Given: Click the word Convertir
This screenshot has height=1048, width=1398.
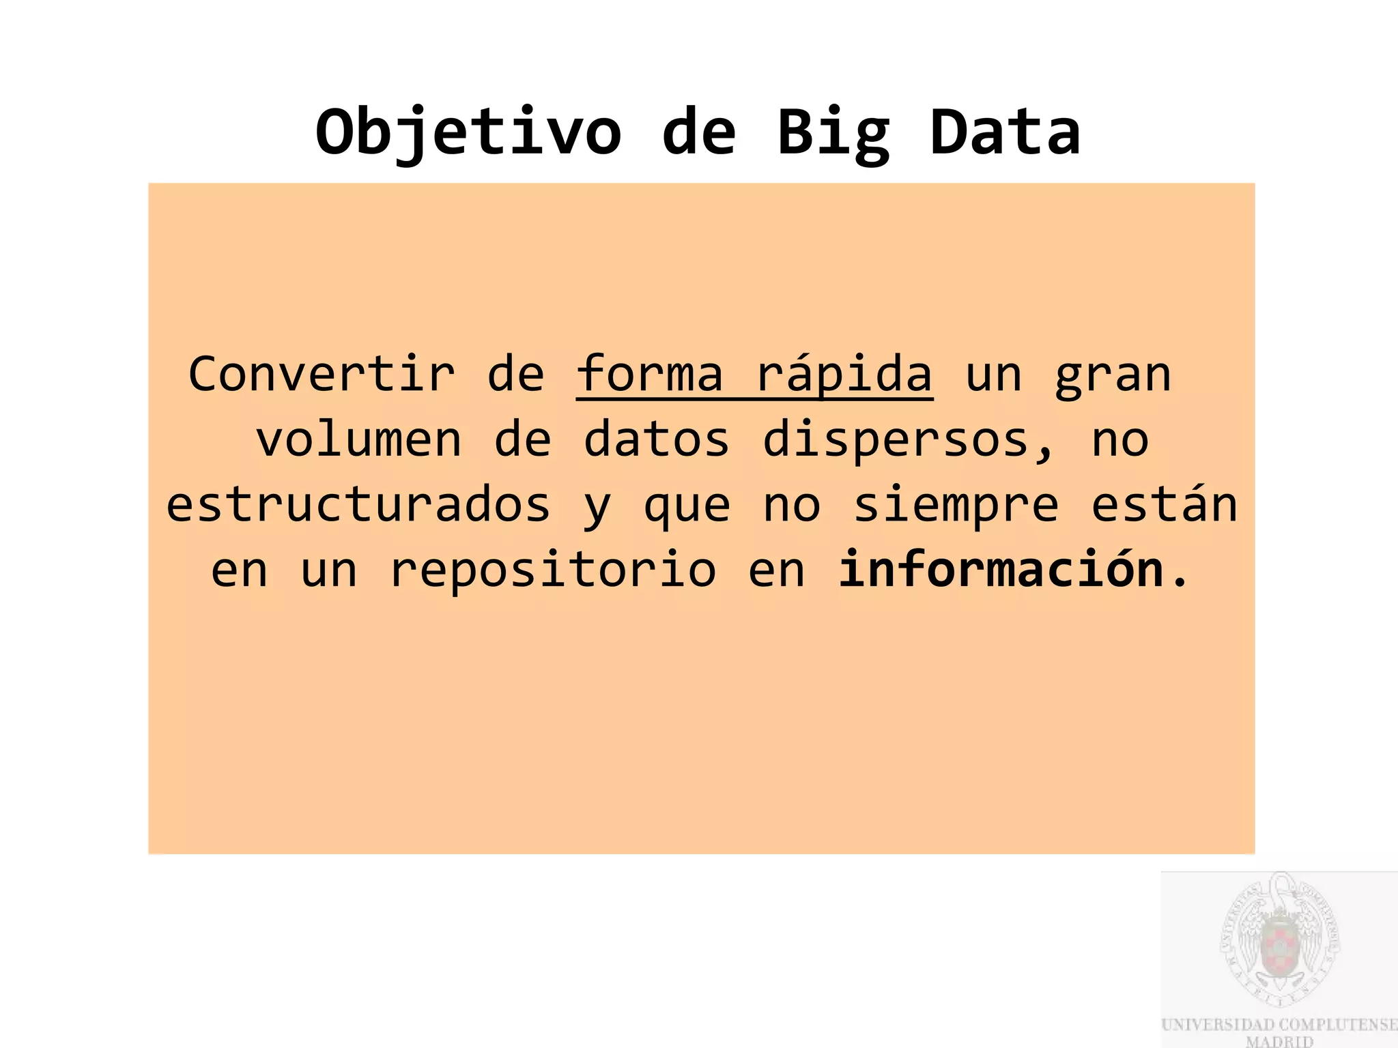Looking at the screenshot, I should (322, 374).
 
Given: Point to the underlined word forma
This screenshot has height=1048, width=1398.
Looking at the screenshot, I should (649, 374).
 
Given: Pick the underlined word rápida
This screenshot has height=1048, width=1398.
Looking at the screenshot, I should (844, 374).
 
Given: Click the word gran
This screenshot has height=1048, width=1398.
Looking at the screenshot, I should (1113, 374).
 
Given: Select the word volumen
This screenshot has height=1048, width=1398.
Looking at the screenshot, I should (359, 439).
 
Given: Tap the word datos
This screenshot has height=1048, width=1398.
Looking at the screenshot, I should (657, 439).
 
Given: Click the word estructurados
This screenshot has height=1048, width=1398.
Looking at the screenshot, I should (358, 505).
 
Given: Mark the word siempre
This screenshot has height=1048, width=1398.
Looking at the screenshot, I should (956, 505).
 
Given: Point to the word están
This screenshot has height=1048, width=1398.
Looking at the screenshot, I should (1165, 505).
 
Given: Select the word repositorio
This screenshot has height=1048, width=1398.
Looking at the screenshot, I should (553, 570).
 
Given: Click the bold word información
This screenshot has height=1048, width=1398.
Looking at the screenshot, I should (1001, 570).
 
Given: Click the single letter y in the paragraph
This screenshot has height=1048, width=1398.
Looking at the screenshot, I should (597, 508).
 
